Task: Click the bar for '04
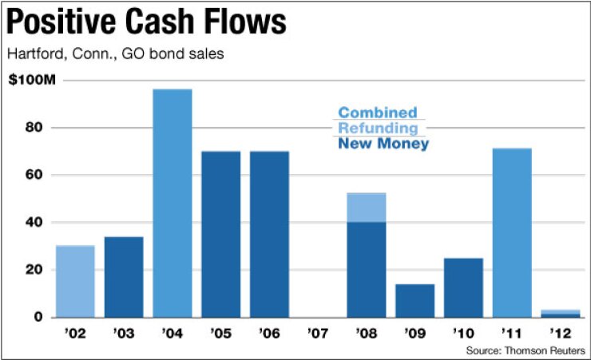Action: coord(173,203)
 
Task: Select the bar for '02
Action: coord(75,281)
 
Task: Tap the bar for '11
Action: coord(512,232)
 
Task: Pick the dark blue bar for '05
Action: coord(221,234)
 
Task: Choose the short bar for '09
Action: coord(415,300)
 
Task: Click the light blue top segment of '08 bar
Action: coord(367,208)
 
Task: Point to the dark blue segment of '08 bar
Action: coord(367,269)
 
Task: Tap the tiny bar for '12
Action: coord(561,314)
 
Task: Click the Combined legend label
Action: coord(377,113)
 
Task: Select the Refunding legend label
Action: coord(378,129)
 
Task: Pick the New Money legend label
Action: coord(383,144)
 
